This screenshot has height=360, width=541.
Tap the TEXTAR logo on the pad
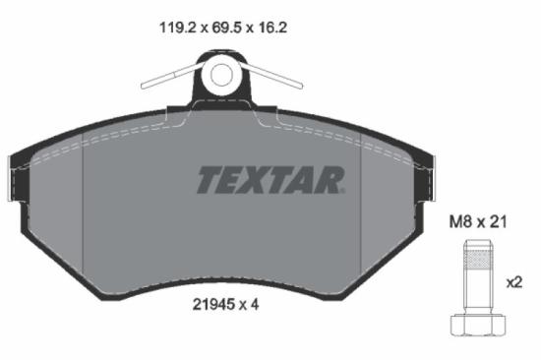(x=271, y=179)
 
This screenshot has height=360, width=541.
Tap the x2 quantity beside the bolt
(x=512, y=281)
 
